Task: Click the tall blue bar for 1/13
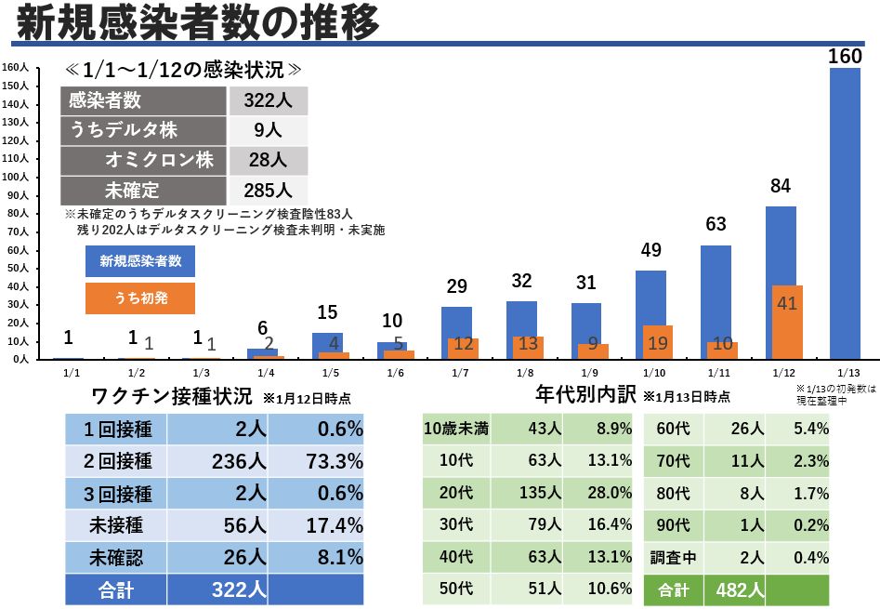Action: pos(845,214)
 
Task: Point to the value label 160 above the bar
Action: pos(845,56)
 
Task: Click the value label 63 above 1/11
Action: pos(716,224)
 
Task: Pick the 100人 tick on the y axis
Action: pos(16,176)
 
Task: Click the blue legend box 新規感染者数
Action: pos(140,261)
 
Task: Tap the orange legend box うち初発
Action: pos(140,298)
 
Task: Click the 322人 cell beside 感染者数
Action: pos(269,100)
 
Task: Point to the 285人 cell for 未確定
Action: pos(269,191)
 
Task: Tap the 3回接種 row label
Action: pos(116,493)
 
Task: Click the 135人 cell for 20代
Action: pos(526,492)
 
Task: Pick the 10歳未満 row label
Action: pos(456,428)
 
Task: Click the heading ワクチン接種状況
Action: pos(171,396)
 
